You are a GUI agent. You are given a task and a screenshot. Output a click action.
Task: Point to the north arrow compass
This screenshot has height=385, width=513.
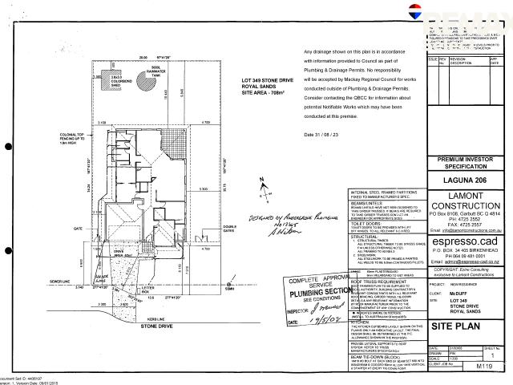tap(264, 190)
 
